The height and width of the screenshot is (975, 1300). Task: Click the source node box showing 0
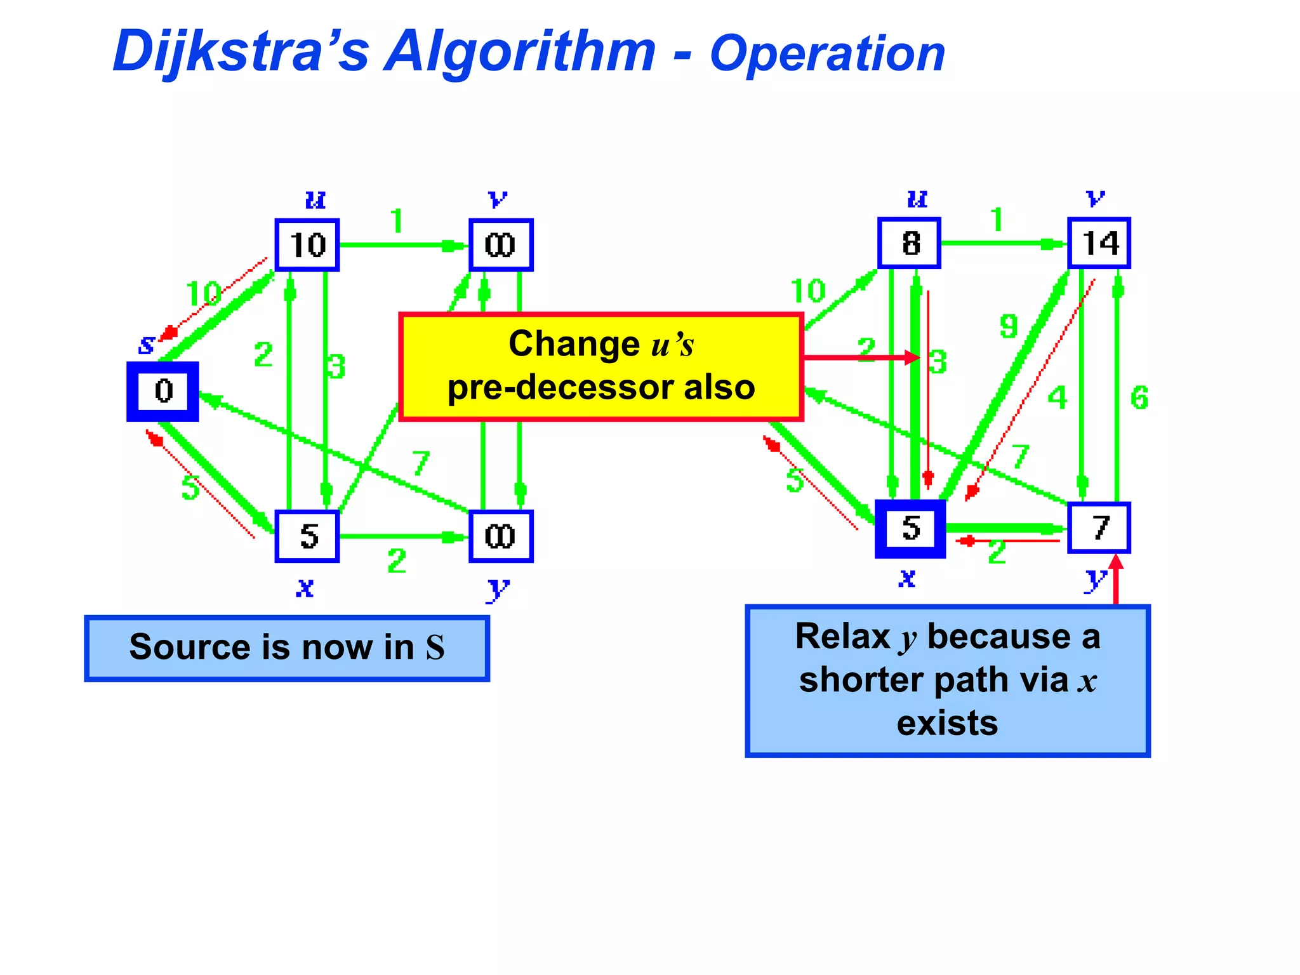[163, 391]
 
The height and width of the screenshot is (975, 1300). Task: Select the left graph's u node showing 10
[307, 245]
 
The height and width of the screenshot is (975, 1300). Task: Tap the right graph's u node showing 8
[909, 243]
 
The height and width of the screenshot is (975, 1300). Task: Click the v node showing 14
[1099, 243]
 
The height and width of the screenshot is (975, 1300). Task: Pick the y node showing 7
[1099, 527]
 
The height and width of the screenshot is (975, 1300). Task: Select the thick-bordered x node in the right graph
[910, 529]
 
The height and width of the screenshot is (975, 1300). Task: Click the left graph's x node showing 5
[307, 536]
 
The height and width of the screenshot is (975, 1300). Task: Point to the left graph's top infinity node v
[501, 245]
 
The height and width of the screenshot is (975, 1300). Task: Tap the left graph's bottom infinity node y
[501, 536]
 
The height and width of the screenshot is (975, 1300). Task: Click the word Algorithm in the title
[521, 52]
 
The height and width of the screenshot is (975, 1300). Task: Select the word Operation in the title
[827, 54]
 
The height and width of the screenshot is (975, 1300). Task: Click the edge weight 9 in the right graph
[1009, 326]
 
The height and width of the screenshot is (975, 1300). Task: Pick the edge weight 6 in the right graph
[1139, 398]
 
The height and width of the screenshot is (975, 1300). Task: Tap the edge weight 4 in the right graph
[1057, 398]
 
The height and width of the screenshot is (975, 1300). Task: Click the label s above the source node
[147, 345]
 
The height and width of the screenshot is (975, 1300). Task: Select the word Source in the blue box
[190, 647]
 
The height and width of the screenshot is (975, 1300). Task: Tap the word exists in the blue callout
[947, 723]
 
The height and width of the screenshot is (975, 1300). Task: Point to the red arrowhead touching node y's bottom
[1116, 562]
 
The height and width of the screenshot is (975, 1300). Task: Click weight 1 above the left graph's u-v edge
[397, 222]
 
